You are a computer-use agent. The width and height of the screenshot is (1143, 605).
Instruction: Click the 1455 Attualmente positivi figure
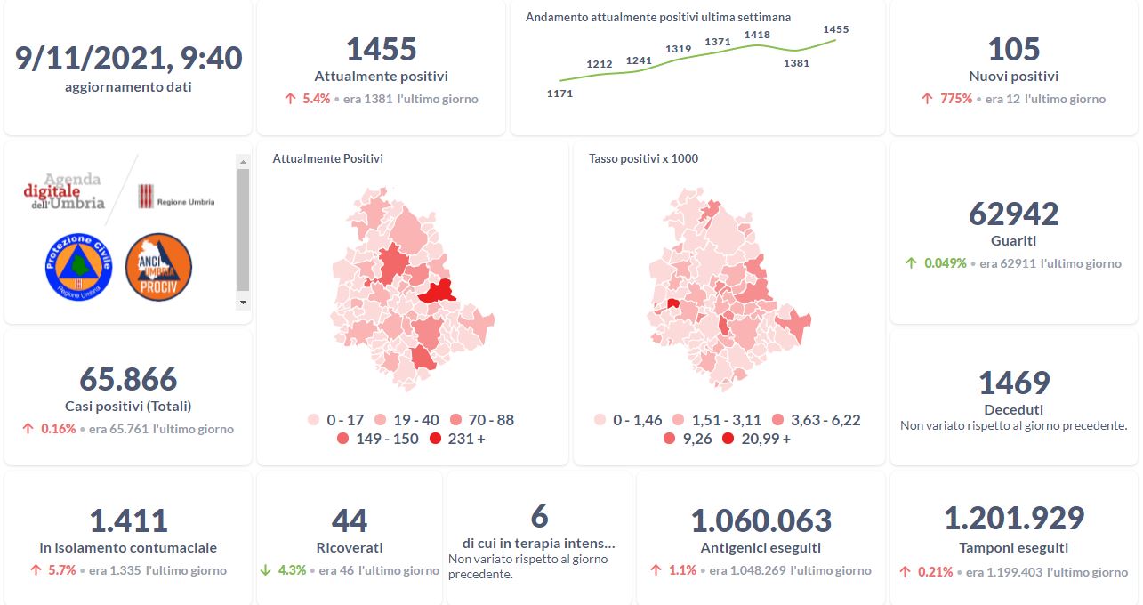coord(381,49)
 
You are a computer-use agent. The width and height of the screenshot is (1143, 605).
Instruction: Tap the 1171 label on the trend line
coord(559,93)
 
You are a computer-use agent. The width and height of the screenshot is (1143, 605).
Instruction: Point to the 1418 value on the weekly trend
coord(757,35)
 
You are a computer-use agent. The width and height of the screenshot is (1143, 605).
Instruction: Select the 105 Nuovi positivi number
coord(1013,49)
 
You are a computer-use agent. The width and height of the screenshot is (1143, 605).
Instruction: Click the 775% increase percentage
coord(956,99)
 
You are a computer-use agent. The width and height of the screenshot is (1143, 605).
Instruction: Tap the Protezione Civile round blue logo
coord(78,267)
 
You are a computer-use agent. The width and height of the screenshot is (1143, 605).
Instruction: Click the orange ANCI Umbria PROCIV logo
coord(158,267)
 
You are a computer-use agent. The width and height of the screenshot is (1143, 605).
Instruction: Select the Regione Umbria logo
coord(176,198)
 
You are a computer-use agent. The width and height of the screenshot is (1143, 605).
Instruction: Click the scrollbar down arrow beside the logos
coord(243,302)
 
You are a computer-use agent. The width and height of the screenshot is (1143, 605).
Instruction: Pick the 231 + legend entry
coord(457,439)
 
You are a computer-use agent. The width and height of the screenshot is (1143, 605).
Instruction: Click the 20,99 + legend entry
coord(756,439)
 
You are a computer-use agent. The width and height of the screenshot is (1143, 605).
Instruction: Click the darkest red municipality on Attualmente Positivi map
coord(435,291)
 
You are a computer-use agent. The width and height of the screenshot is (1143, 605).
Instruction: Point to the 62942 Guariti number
coord(1013,214)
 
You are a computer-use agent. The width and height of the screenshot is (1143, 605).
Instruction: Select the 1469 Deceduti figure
coord(1013,383)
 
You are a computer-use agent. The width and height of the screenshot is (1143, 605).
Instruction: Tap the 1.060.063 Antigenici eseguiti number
coord(761,520)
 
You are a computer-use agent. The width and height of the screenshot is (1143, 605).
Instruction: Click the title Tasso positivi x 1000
coord(643,159)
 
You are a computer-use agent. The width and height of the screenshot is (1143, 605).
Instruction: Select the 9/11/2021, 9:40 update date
coord(128,58)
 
